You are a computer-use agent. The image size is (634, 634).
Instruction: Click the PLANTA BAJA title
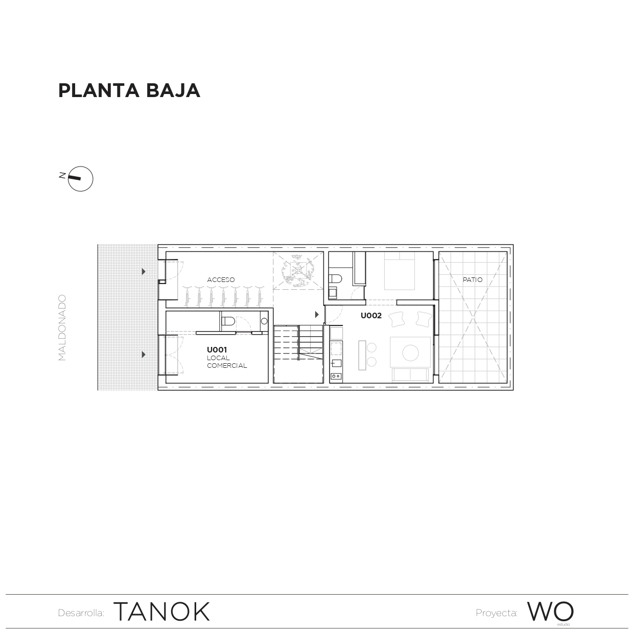coord(129,90)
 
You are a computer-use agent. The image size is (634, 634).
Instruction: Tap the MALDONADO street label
coord(62,327)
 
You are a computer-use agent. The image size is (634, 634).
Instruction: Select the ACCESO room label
coord(221,280)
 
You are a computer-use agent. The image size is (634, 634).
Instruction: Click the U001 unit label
coord(217,350)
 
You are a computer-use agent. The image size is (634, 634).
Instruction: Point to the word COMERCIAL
coord(227,366)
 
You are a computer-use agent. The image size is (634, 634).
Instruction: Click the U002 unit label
coord(371,316)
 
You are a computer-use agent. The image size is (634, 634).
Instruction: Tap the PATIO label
coord(472,280)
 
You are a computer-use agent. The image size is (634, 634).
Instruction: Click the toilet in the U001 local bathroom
coord(228,322)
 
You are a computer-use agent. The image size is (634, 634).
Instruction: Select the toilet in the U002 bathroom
coord(335,279)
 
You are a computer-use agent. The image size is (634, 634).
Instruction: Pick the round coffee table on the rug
coord(411,353)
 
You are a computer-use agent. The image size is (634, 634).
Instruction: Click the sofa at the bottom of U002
coord(410,375)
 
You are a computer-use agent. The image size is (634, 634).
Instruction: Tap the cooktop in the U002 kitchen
coord(336,377)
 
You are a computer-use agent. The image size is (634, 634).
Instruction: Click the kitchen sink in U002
coord(336,363)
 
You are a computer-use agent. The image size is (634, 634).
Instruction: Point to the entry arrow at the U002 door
coord(317,315)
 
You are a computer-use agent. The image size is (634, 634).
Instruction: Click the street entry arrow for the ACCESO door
coord(144,272)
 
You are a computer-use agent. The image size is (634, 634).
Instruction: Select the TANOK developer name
coord(161,612)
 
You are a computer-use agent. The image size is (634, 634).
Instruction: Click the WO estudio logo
coord(550,612)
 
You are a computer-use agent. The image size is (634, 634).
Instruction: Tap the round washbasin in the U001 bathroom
coord(264,321)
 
